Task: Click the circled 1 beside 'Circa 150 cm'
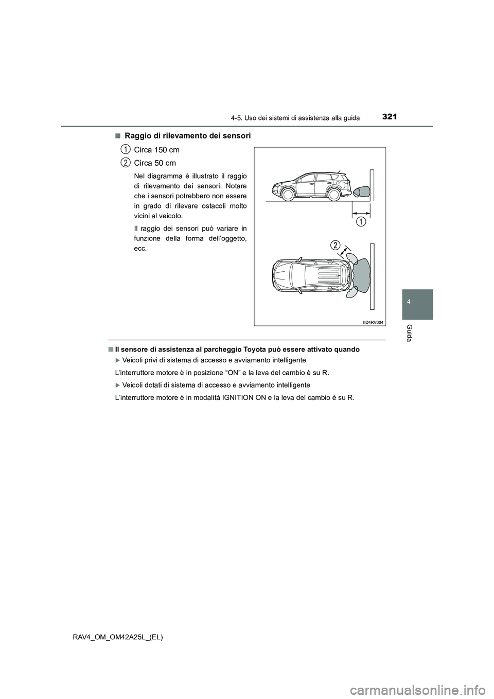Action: click(x=125, y=149)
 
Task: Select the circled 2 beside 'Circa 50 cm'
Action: click(x=125, y=163)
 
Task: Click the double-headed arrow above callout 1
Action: click(x=361, y=212)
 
